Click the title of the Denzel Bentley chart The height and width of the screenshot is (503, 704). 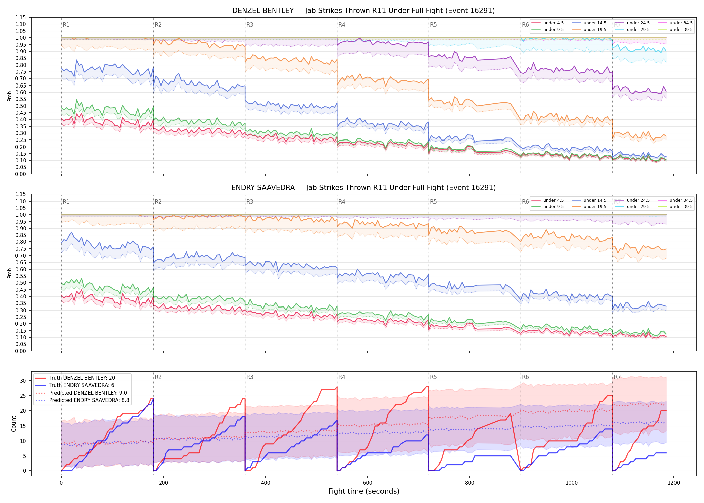click(363, 11)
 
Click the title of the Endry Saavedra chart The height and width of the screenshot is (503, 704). click(363, 188)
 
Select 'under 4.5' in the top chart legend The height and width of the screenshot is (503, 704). click(553, 23)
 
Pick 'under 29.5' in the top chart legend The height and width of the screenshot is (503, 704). click(638, 30)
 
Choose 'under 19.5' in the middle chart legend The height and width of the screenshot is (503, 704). click(595, 207)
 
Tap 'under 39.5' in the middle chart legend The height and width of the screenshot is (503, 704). click(681, 207)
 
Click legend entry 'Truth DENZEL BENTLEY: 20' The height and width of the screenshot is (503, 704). click(82, 378)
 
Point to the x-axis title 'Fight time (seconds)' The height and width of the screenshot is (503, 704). click(364, 491)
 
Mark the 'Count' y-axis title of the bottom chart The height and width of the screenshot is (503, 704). click(14, 424)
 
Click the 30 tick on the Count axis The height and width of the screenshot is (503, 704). click(23, 381)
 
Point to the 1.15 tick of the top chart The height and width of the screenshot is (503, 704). click(21, 17)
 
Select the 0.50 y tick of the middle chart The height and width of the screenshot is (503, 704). click(21, 283)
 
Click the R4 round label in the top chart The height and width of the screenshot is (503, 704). click(342, 25)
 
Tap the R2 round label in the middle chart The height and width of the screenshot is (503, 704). click(158, 202)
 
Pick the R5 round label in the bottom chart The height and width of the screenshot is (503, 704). click(433, 377)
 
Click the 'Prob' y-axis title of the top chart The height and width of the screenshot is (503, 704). click(10, 96)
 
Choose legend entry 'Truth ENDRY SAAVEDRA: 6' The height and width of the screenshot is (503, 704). click(82, 385)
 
